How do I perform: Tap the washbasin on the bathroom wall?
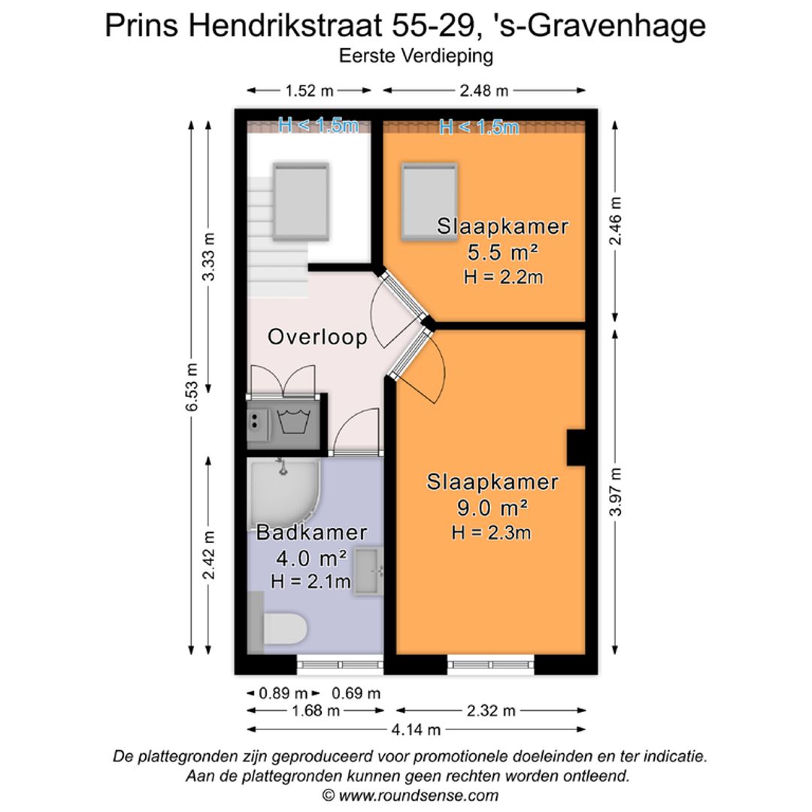(368, 571)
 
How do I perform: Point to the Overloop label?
(317, 337)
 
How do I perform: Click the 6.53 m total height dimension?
(193, 387)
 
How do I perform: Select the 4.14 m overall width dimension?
(416, 729)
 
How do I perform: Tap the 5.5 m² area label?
(502, 251)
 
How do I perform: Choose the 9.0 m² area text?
(492, 507)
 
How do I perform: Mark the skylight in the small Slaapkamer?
(429, 201)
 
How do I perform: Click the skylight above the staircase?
(301, 201)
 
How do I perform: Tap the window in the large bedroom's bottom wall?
(491, 664)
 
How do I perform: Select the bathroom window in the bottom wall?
(340, 664)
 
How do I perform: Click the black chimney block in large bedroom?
(576, 448)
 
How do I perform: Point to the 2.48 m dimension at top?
(484, 91)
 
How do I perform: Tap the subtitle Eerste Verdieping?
(416, 55)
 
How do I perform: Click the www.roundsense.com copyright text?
(410, 795)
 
